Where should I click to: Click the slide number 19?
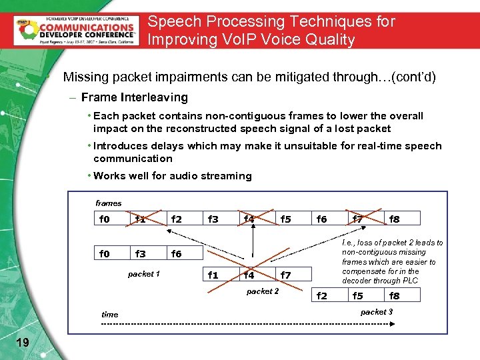22,342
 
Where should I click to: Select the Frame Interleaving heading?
134,97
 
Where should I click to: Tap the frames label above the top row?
109,203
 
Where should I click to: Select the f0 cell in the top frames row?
104,218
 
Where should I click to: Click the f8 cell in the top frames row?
394,218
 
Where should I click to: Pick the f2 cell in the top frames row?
177,218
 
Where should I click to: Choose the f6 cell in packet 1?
177,253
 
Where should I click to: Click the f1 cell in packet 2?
213,275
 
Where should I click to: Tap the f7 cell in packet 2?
285,275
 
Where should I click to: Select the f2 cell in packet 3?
321,296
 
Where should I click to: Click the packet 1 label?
143,274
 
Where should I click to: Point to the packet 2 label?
263,291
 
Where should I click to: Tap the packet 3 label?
377,312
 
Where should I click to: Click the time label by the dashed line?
109,315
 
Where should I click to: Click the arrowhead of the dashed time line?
393,323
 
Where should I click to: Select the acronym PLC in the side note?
410,281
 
